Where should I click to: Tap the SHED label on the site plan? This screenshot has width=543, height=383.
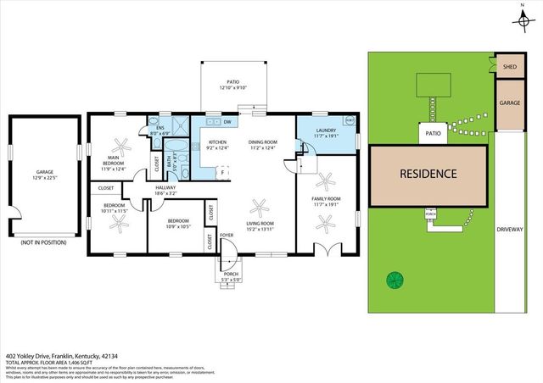509,66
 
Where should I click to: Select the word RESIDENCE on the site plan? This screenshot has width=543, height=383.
428,175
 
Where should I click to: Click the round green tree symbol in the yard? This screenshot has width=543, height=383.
394,280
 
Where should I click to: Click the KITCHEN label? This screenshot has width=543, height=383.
218,142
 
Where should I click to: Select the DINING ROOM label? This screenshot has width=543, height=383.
263,142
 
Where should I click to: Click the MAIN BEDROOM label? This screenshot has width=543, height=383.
112,158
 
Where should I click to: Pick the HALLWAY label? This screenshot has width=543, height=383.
165,188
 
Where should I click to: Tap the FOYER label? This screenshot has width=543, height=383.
227,234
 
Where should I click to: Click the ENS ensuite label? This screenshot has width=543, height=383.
160,128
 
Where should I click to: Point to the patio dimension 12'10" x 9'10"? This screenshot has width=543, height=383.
232,87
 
